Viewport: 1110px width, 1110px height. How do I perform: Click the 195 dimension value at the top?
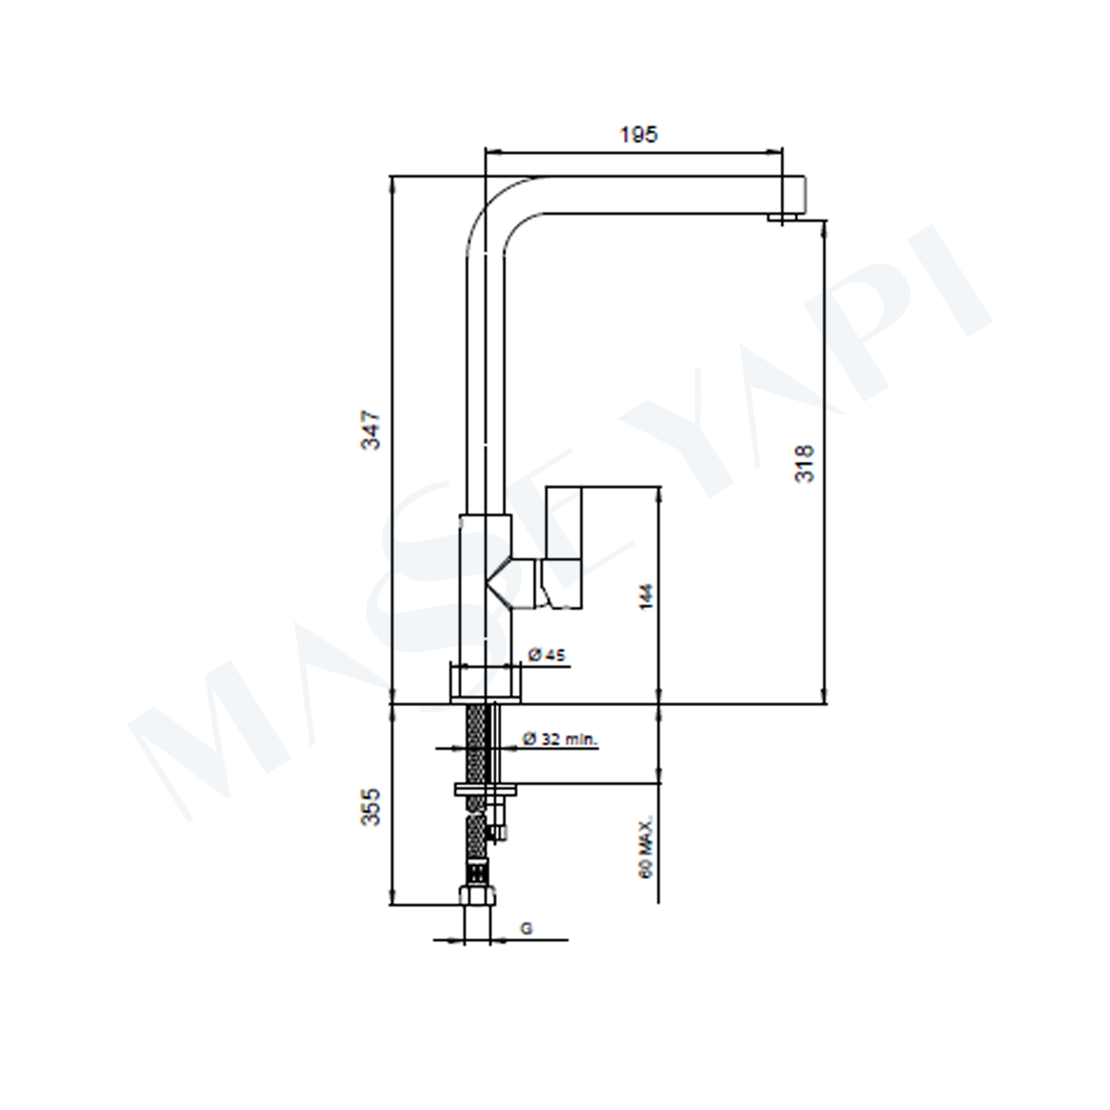639,135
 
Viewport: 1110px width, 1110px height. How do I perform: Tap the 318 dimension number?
804,463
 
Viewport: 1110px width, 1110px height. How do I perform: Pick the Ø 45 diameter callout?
547,654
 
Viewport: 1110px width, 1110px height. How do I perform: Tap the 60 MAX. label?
647,848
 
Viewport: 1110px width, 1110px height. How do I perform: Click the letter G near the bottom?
526,928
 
